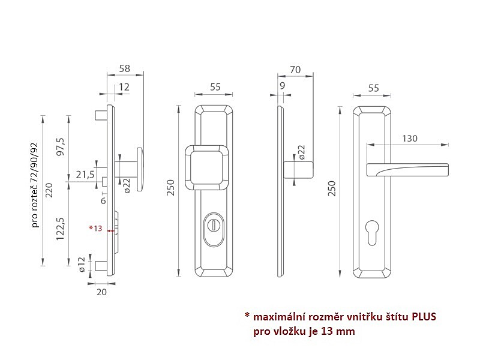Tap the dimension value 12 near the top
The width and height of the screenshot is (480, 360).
click(124, 87)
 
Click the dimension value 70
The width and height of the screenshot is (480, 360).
click(295, 70)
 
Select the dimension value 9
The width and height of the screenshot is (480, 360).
click(282, 87)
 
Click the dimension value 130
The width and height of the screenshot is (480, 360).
click(410, 139)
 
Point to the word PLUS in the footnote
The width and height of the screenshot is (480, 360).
click(424, 317)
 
